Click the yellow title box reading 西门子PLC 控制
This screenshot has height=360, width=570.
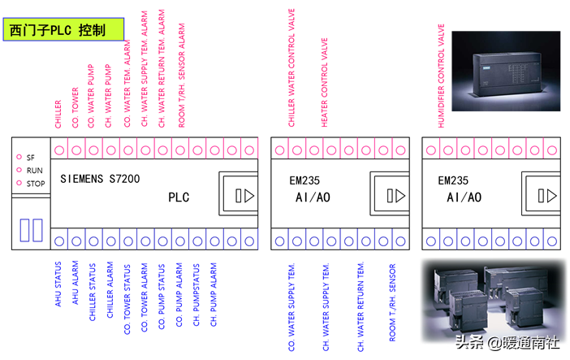click(65, 31)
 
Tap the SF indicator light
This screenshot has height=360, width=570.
click(19, 157)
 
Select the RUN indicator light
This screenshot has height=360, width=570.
click(19, 170)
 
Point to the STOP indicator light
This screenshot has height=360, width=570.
click(19, 183)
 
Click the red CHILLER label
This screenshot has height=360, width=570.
click(58, 114)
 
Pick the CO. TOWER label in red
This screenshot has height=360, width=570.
click(76, 106)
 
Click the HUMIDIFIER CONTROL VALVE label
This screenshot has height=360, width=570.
click(443, 76)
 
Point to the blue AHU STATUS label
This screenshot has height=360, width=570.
click(58, 284)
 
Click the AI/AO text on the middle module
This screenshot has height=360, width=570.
click(313, 197)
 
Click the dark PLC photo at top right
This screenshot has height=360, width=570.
click(506, 72)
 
